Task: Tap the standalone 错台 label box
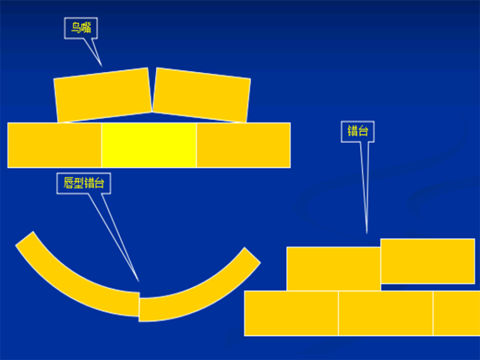[357, 131]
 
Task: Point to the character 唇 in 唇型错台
[69, 183]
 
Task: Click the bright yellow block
[149, 145]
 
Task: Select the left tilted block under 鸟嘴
[103, 95]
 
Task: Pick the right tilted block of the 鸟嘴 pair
[201, 95]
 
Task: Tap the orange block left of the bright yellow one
[55, 145]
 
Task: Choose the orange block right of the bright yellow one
[243, 145]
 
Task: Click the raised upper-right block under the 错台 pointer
[428, 261]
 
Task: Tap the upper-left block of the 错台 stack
[333, 268]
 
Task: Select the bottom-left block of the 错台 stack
[291, 313]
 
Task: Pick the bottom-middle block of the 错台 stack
[385, 313]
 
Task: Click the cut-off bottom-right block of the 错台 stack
[456, 313]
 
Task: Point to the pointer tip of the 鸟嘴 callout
[101, 65]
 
